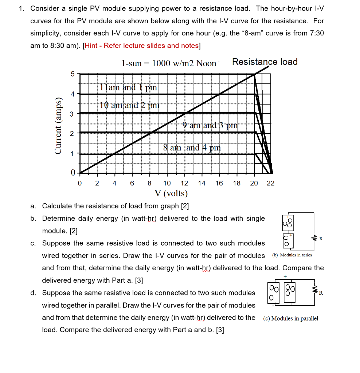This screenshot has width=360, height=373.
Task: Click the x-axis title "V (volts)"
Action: tap(171, 193)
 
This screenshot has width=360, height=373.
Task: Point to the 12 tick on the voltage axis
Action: tap(184, 183)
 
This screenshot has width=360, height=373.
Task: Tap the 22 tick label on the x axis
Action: tap(270, 183)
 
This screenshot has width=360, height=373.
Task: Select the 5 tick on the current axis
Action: tap(72, 74)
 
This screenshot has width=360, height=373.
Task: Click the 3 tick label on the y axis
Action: tap(72, 114)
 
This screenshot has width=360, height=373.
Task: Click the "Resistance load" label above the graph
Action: tap(265, 62)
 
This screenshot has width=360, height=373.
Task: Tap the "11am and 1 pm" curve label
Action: tap(128, 87)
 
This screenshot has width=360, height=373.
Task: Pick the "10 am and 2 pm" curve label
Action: tap(130, 105)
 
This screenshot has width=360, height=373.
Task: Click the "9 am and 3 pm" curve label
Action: tap(210, 126)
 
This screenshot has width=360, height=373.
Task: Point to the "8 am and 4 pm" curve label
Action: tap(192, 148)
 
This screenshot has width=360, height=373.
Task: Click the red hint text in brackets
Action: tap(142, 46)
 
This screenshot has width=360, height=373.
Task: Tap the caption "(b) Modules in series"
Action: tap(292, 255)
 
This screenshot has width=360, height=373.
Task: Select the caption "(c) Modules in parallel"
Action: tap(290, 318)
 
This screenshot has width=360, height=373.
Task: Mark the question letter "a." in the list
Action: tap(33, 206)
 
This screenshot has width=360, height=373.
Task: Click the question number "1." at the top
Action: tap(22, 8)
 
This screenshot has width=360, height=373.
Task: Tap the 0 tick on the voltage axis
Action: tap(80, 183)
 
